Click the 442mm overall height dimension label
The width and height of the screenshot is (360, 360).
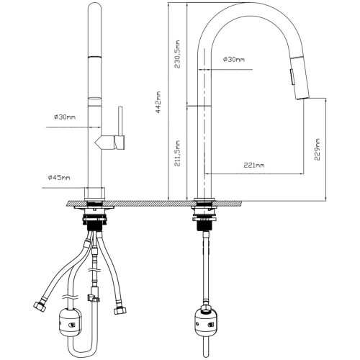click(158, 102)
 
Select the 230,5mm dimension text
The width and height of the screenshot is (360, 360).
click(177, 54)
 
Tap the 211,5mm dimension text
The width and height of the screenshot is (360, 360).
click(177, 153)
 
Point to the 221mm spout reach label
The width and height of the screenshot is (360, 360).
click(254, 165)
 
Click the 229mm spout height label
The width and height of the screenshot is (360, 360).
click(317, 150)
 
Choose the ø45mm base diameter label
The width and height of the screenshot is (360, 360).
click(59, 177)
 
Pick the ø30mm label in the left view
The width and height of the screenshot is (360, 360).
click(65, 117)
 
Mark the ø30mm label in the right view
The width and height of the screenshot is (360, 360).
click(234, 59)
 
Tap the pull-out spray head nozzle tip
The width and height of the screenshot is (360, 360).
click(302, 96)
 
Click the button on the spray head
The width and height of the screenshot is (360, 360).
click(292, 77)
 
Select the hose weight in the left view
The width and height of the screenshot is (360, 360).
click(70, 323)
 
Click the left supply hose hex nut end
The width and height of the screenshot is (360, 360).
click(40, 307)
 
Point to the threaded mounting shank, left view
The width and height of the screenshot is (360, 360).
click(94, 225)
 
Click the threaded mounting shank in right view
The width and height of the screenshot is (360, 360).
click(204, 225)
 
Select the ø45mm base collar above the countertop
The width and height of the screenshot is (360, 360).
click(95, 194)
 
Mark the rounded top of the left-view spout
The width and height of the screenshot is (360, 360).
click(95, 6)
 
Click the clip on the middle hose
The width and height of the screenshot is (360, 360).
click(93, 297)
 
